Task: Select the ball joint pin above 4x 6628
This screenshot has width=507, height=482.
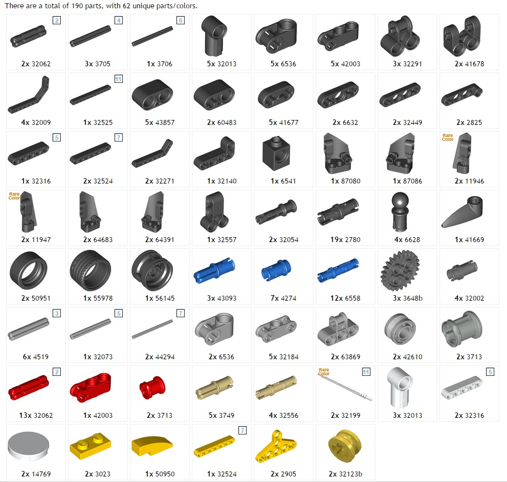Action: click(400, 212)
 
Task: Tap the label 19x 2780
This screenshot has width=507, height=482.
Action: click(346, 239)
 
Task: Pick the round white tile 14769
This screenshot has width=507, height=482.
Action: click(28, 446)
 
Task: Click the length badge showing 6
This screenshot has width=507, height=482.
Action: click(180, 20)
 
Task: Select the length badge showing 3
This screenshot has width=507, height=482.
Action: click(56, 313)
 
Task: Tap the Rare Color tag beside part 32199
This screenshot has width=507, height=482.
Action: click(323, 372)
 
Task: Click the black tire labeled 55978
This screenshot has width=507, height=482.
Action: click(90, 270)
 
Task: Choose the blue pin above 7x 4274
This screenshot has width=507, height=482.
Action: click(276, 270)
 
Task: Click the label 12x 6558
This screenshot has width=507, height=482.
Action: click(346, 298)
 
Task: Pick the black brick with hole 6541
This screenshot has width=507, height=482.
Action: click(276, 153)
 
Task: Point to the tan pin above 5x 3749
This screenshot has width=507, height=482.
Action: click(214, 387)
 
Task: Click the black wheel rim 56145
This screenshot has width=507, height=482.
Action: click(152, 271)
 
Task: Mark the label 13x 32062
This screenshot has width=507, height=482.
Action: click(36, 416)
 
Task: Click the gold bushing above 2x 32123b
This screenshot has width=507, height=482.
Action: click(344, 447)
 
